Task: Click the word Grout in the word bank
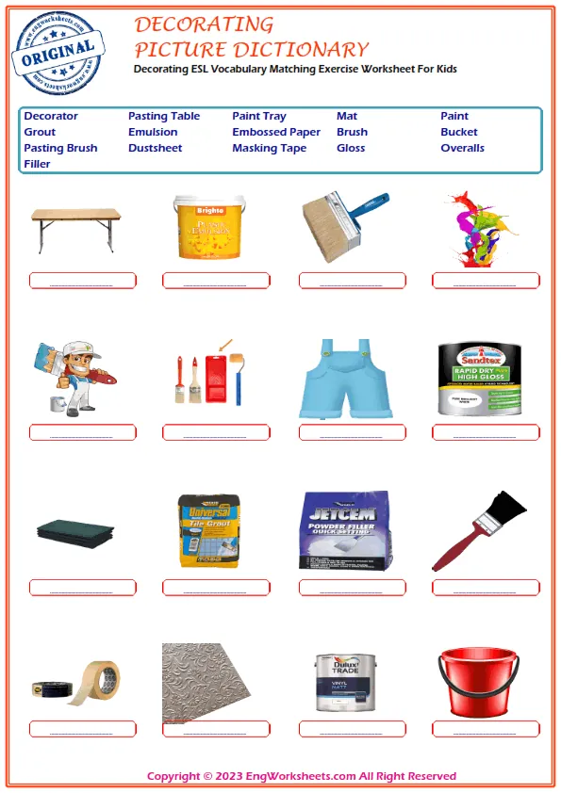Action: tap(40, 132)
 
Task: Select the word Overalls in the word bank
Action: tap(462, 148)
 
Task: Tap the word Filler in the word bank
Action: tap(37, 164)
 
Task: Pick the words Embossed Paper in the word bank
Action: tap(276, 132)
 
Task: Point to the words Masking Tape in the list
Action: tap(269, 148)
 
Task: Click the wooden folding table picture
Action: tap(75, 227)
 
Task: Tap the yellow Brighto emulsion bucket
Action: tap(208, 226)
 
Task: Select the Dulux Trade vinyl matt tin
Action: tap(342, 682)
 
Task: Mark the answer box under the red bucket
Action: tap(486, 729)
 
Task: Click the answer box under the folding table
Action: tap(82, 280)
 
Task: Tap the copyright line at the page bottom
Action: tap(302, 776)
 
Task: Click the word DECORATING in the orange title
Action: tap(205, 24)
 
